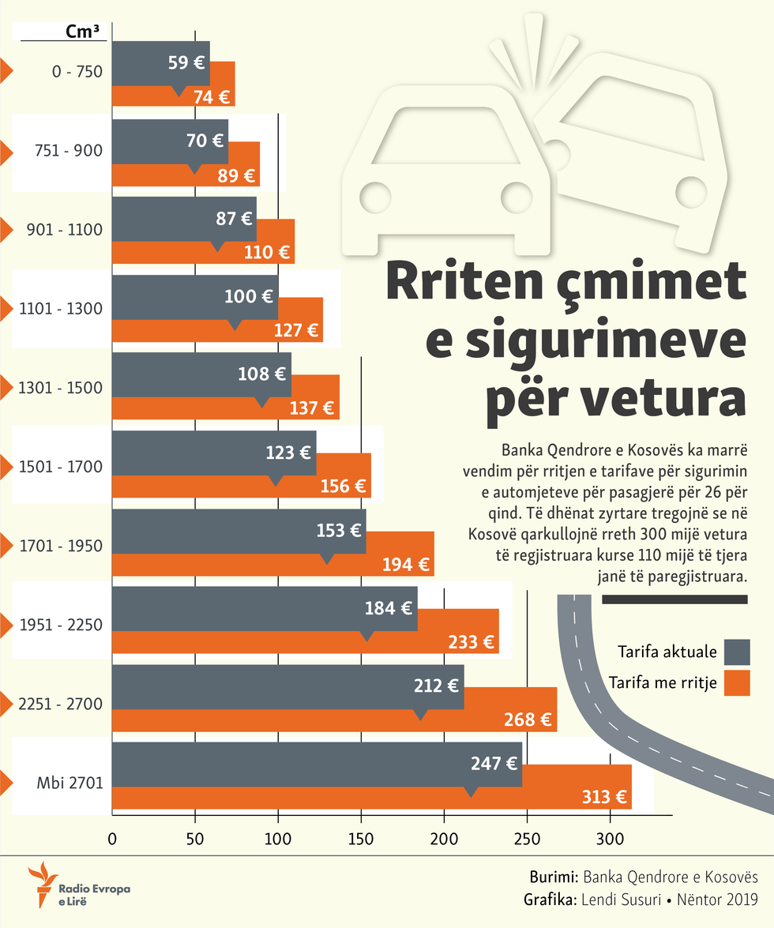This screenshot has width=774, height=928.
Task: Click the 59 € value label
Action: click(186, 62)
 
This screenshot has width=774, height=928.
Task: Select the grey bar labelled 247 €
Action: click(316, 765)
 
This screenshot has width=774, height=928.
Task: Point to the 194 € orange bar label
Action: click(408, 565)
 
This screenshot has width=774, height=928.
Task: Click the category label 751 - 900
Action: click(70, 151)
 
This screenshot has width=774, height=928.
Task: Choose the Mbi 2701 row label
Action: click(70, 783)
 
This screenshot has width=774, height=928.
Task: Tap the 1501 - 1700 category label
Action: click(61, 467)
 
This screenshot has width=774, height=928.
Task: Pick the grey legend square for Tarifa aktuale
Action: click(737, 652)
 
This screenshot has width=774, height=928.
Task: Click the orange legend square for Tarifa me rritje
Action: click(737, 683)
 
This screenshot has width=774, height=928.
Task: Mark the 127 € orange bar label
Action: click(296, 331)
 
